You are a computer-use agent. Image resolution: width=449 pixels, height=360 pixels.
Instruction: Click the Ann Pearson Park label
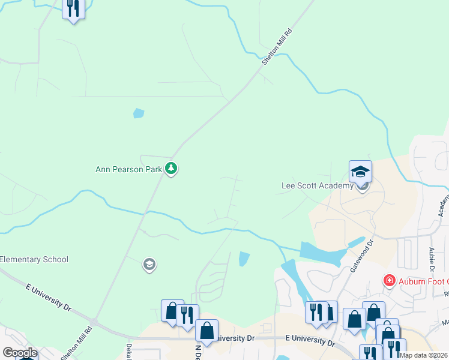pos(129,169)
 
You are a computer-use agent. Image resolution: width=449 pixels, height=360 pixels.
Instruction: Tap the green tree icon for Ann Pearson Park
pos(172,169)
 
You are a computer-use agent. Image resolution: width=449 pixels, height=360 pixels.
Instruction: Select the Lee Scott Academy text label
pos(318,186)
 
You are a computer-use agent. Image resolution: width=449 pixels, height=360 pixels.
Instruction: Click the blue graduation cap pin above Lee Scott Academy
pos(360,172)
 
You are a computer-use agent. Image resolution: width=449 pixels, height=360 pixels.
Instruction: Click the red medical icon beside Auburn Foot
pos(389,281)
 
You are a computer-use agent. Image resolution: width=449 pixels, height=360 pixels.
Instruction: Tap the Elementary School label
pos(34,260)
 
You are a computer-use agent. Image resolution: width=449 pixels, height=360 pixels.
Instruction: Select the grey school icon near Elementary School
pos(149,264)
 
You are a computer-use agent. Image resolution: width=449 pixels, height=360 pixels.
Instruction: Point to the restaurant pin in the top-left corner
pos(73,8)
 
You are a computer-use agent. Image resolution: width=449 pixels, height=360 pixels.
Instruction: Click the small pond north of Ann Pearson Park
pos(139,113)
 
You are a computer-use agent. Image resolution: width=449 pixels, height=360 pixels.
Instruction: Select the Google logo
pos(20,353)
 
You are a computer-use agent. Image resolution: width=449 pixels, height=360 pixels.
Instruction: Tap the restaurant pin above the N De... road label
pos(187,314)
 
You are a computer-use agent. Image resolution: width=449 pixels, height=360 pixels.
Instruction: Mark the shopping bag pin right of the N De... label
pos(207,331)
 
